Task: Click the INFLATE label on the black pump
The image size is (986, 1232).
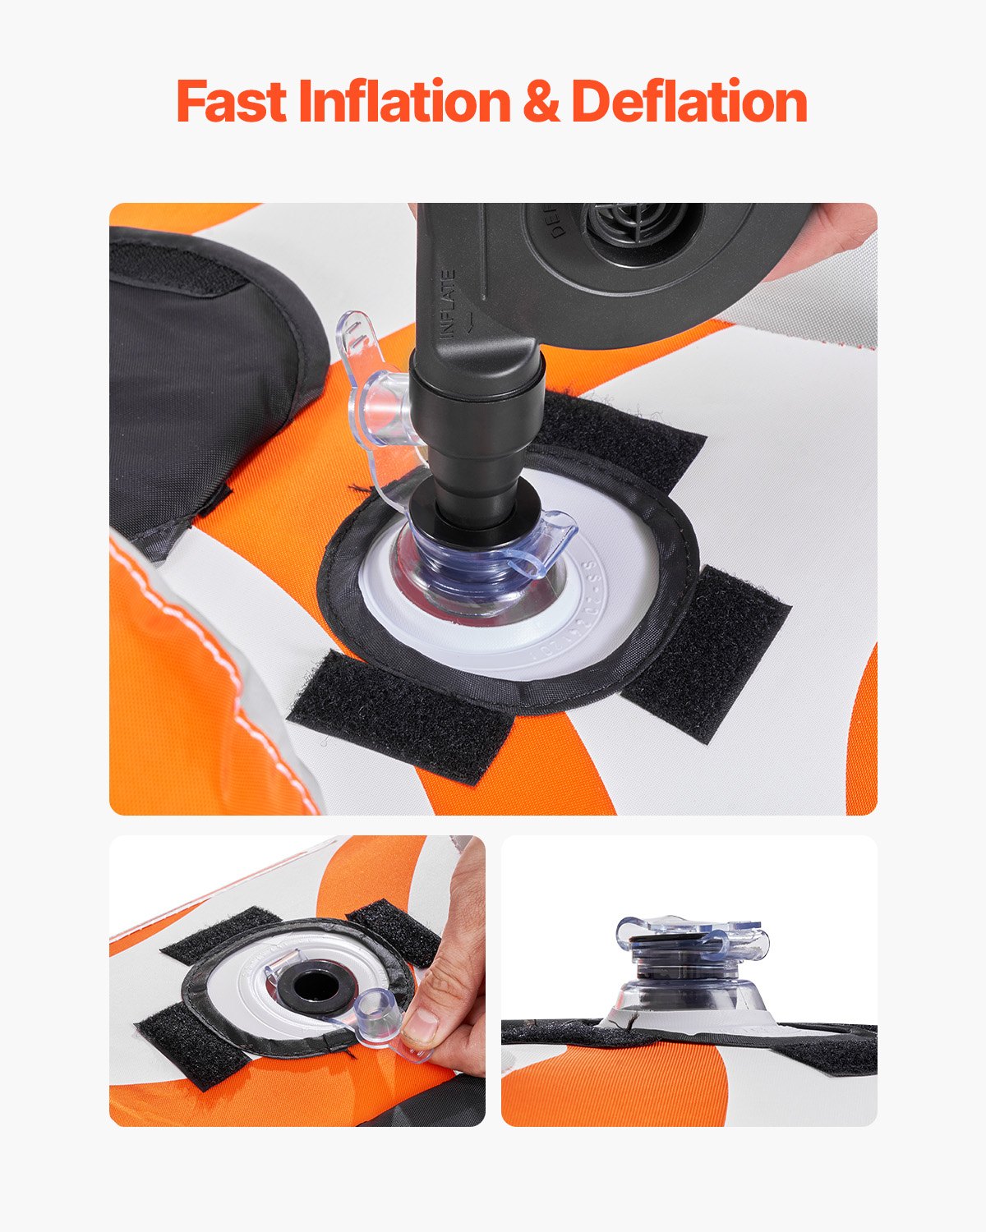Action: coord(449,304)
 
